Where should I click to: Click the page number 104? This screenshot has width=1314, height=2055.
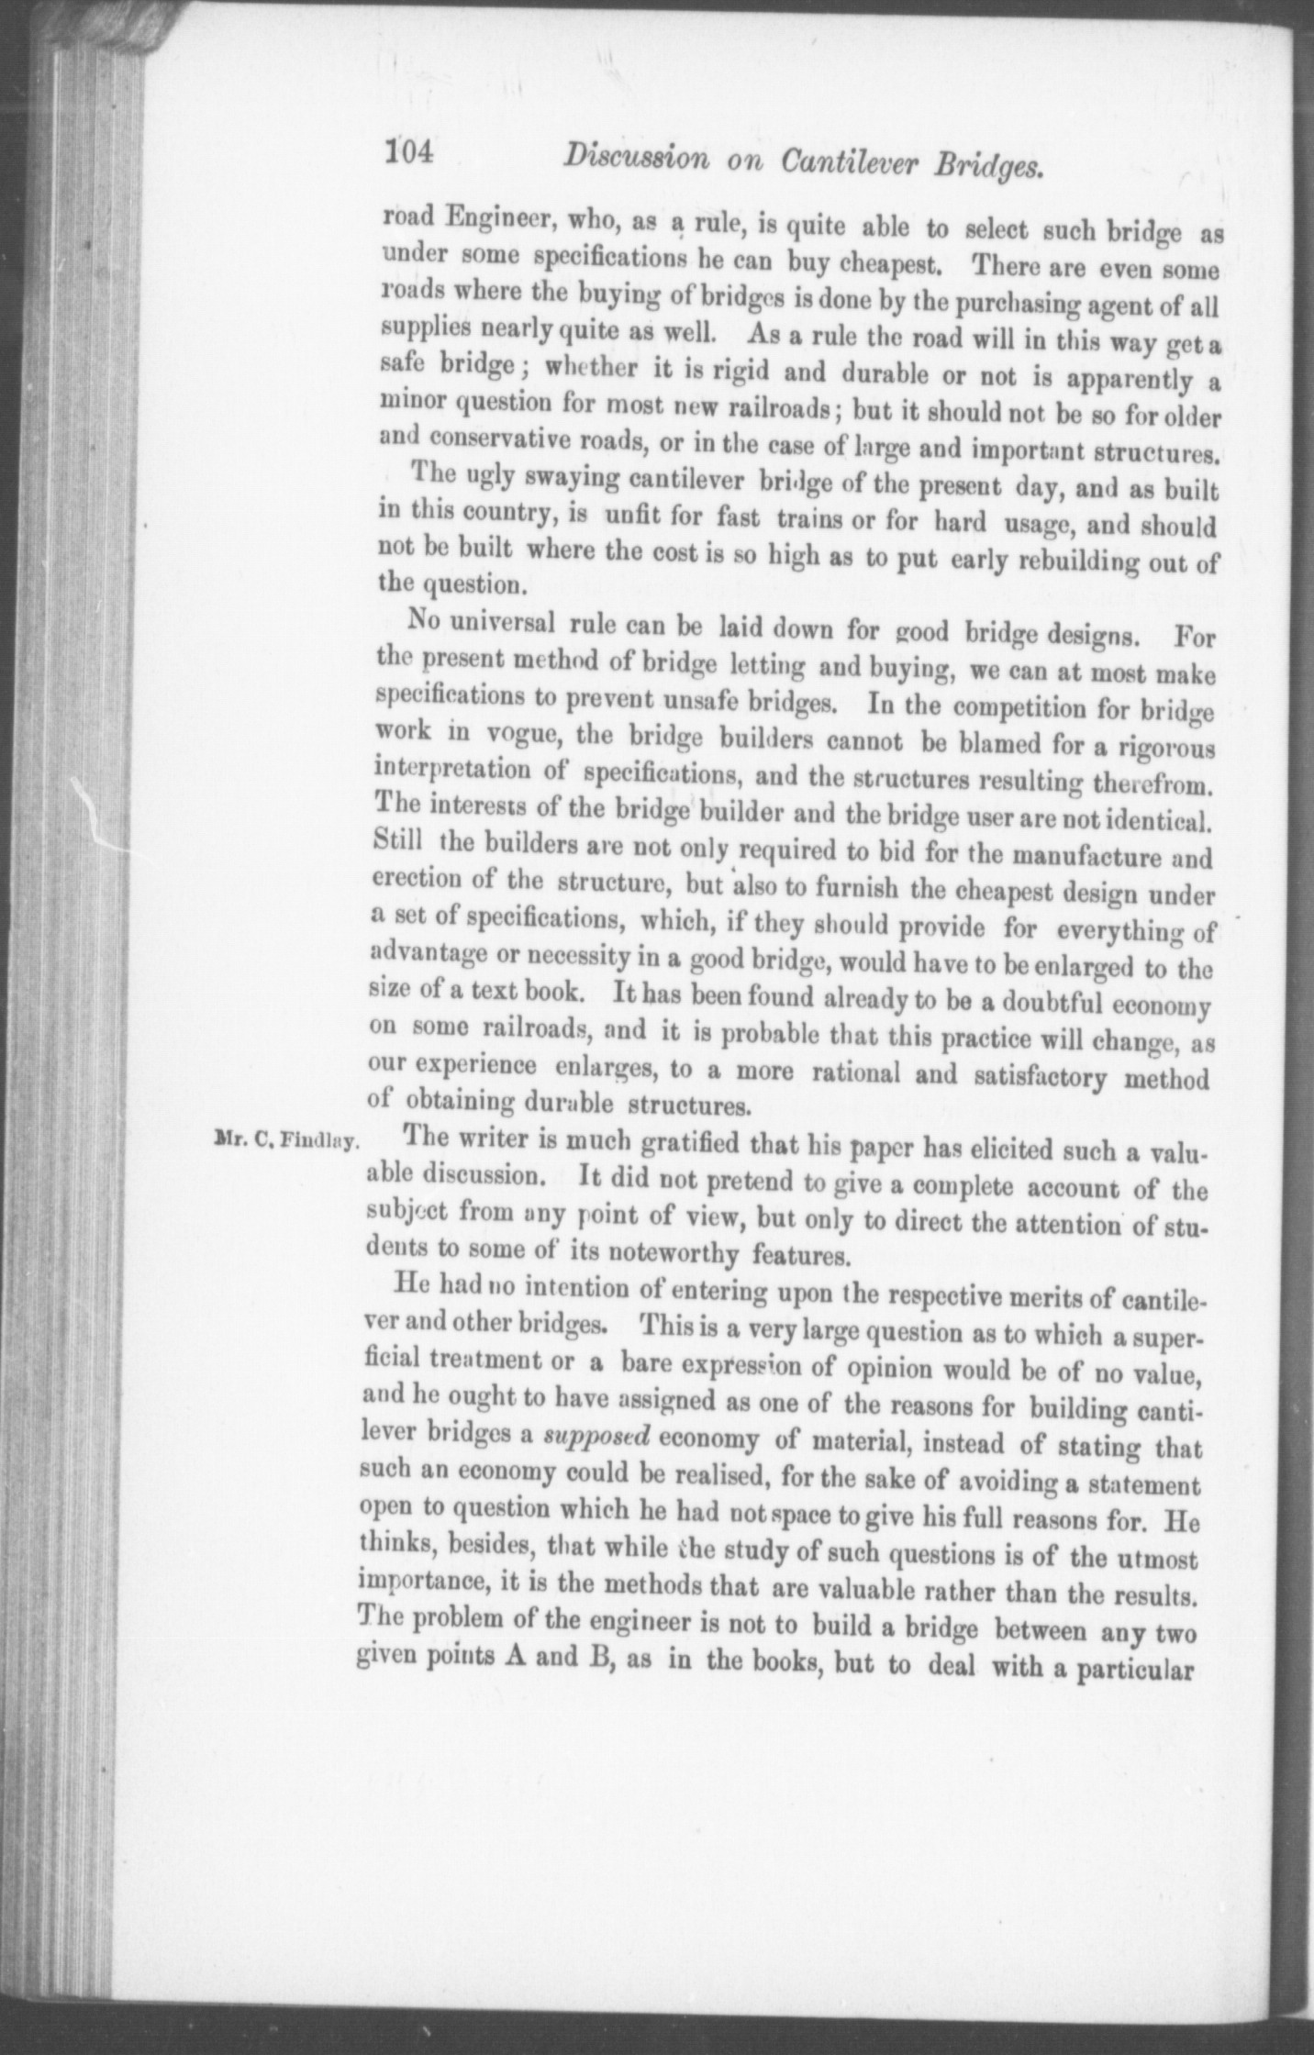[x=407, y=152]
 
